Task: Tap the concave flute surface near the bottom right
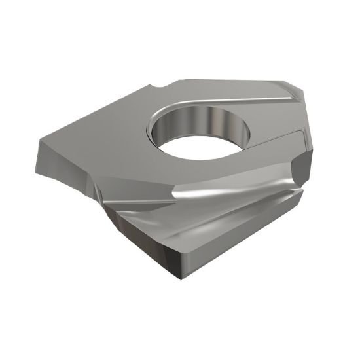click(x=262, y=209)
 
